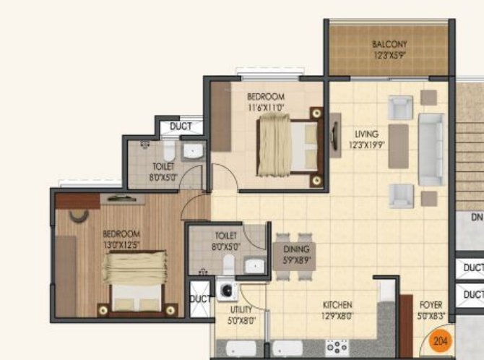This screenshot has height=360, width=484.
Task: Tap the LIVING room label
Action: pyautogui.click(x=366, y=134)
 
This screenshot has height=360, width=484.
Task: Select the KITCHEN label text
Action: pyautogui.click(x=337, y=305)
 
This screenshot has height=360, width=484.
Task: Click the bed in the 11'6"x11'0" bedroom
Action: pyautogui.click(x=288, y=144)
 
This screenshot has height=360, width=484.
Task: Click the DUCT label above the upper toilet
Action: pyautogui.click(x=180, y=127)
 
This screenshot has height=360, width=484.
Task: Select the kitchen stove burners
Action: pyautogui.click(x=337, y=346)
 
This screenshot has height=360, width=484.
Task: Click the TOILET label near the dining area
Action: pyautogui.click(x=225, y=236)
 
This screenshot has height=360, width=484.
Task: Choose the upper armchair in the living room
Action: pyautogui.click(x=400, y=108)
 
